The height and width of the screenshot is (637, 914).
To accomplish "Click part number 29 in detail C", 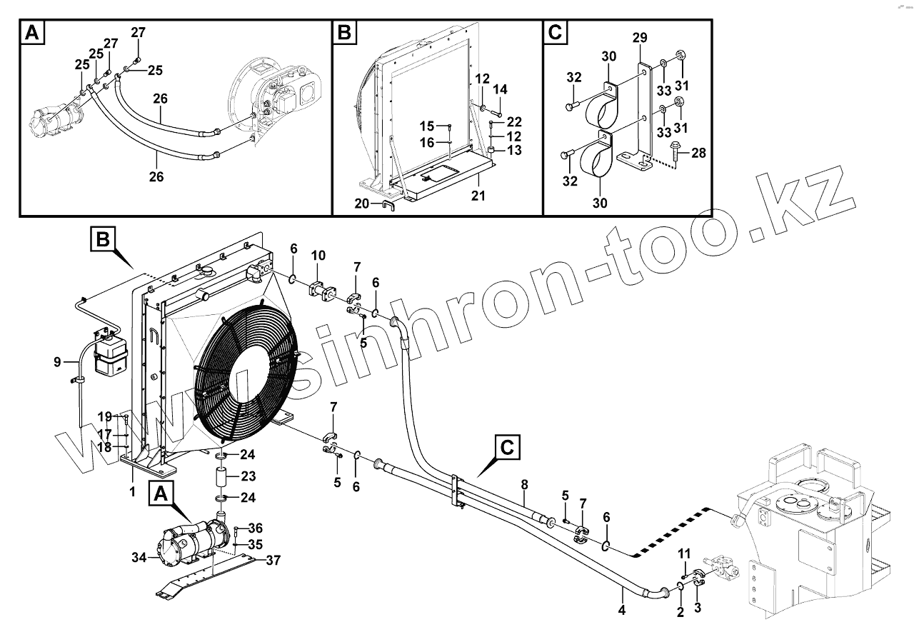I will pyautogui.click(x=640, y=38).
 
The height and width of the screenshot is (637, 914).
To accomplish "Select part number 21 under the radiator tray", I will pyautogui.click(x=478, y=194).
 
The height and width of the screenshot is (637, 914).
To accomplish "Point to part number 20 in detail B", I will pyautogui.click(x=363, y=204).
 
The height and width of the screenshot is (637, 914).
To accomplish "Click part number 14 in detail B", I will pyautogui.click(x=500, y=89).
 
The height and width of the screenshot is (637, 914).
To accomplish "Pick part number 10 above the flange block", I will pyautogui.click(x=318, y=255).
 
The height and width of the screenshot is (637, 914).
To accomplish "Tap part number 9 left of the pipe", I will pyautogui.click(x=57, y=362).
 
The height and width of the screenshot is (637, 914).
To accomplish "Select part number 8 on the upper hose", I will pyautogui.click(x=525, y=484).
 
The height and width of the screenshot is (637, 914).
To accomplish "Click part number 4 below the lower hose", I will pyautogui.click(x=621, y=610).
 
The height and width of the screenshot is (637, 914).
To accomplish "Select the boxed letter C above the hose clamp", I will pyautogui.click(x=506, y=448).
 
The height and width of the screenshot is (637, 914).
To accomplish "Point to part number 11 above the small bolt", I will pyautogui.click(x=684, y=553).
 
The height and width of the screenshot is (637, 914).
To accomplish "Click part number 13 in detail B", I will pyautogui.click(x=514, y=150).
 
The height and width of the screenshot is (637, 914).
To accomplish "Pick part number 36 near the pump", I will pyautogui.click(x=256, y=528).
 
